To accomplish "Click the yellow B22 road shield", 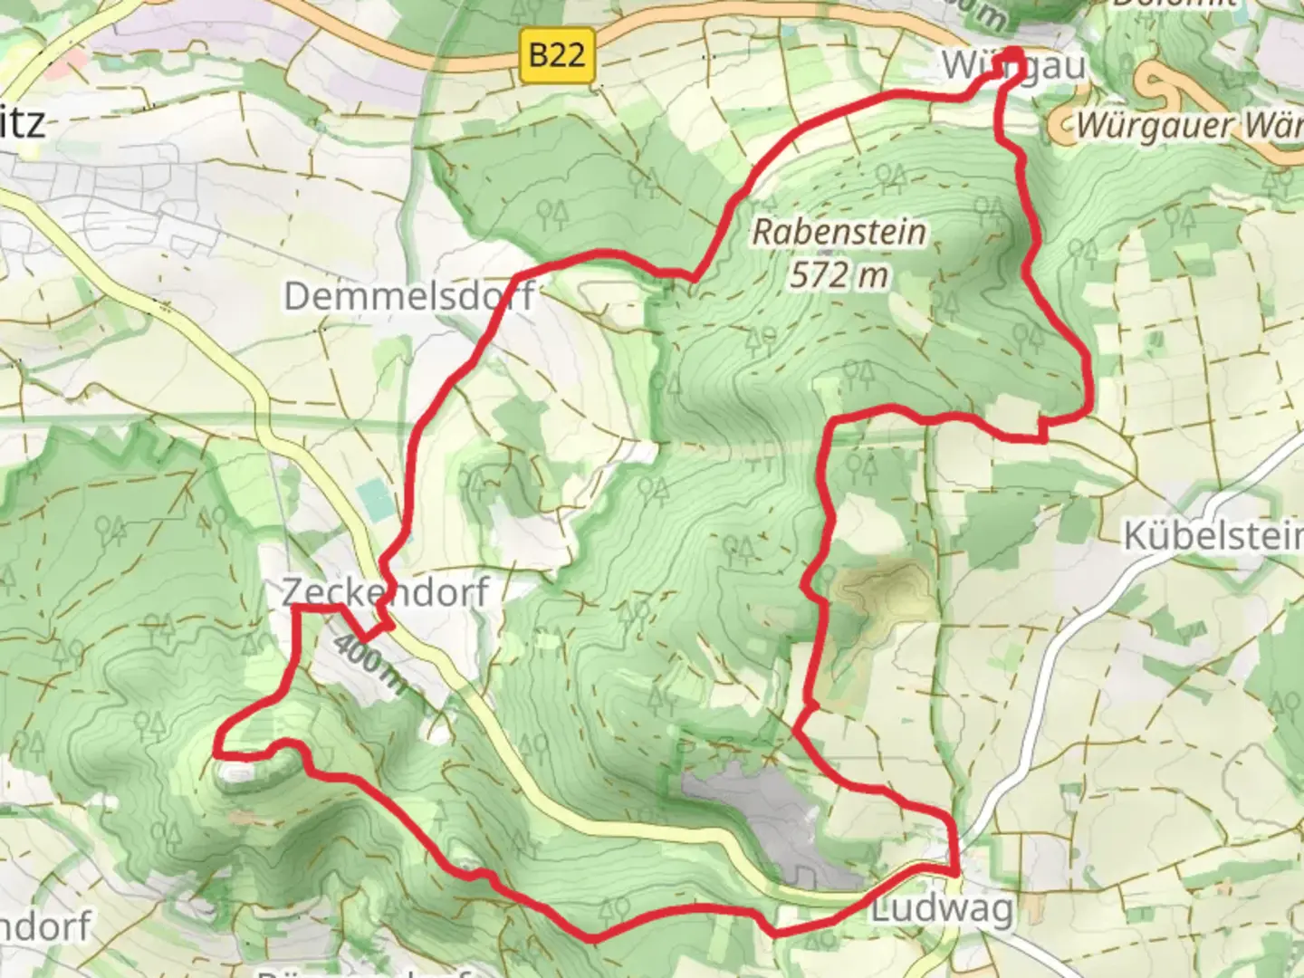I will point(557,55).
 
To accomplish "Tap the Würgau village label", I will point(1012,65).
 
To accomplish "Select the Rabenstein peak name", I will point(839,232).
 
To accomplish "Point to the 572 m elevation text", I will point(839,273).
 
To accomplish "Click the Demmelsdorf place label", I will point(408,296).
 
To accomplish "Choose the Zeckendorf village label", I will point(385,591).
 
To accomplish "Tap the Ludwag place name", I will point(942,909).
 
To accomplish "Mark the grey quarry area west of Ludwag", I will point(779,820).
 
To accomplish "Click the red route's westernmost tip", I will point(217,750).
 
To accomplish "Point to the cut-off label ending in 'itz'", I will point(22,122).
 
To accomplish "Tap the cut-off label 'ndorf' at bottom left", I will point(45,926).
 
